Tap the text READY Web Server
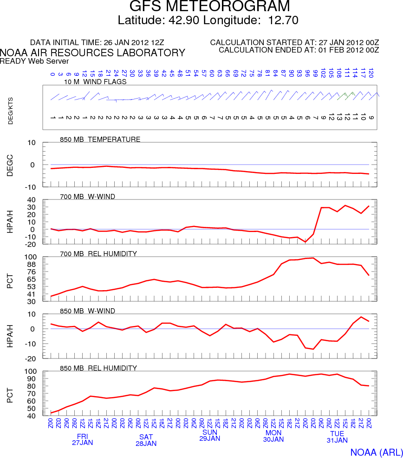click(34, 61)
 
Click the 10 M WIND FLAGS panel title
click(95, 82)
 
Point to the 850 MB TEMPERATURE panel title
click(100, 139)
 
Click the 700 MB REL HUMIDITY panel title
click(98, 254)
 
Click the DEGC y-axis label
click(10, 165)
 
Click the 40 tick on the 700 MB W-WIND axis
click(32, 199)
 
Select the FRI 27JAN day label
click(82, 439)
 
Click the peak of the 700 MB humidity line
click(313, 258)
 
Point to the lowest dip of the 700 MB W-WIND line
click(305, 242)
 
